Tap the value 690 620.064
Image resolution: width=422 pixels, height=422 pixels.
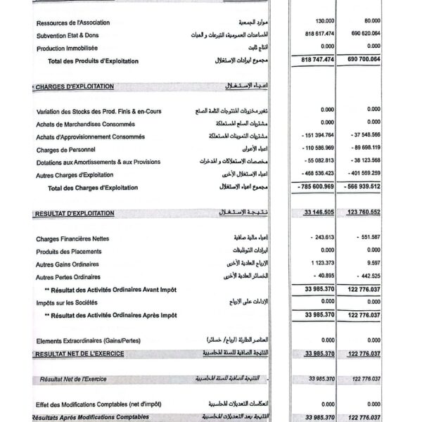(x=363, y=34)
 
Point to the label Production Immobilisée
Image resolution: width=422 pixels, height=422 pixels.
(x=67, y=48)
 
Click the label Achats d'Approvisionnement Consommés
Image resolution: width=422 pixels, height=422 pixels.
(x=91, y=136)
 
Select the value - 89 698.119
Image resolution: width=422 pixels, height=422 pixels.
(x=364, y=149)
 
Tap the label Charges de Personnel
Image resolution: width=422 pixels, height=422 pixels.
(x=66, y=150)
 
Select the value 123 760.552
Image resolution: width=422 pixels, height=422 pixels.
(x=364, y=212)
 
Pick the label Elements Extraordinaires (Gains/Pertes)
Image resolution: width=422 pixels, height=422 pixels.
(x=89, y=340)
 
